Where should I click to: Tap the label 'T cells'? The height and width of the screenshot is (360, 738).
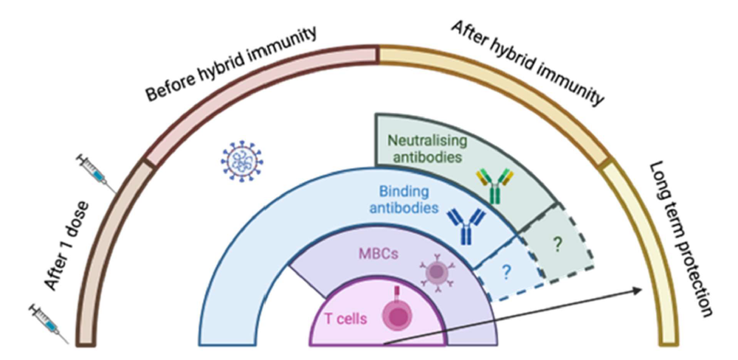(x=347, y=319)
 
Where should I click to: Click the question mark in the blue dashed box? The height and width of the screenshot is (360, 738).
(x=506, y=271)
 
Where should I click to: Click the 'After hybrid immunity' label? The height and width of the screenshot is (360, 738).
(x=527, y=63)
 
